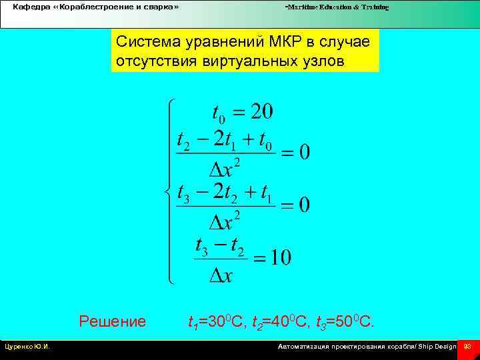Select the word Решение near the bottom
pos(112,322)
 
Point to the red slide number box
pos(467,347)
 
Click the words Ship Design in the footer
pos(437,347)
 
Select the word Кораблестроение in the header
pos(97,7)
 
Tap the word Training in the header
pos(373,7)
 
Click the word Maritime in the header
pos(302,7)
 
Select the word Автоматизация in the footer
pos(305,347)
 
